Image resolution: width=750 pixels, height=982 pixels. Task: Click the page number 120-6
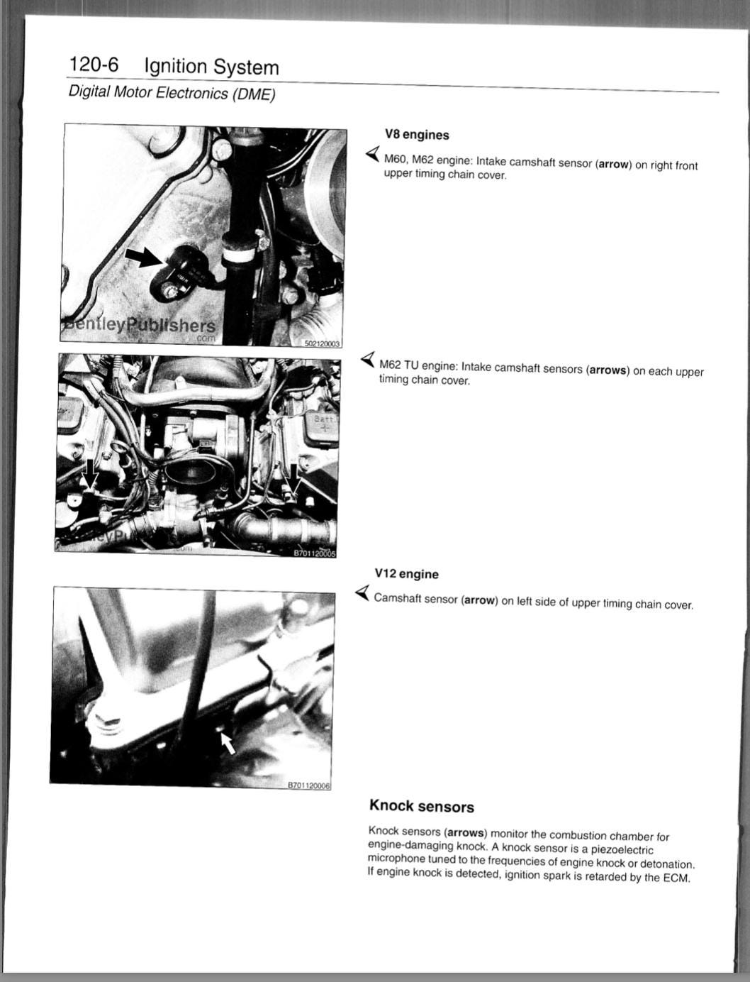94,64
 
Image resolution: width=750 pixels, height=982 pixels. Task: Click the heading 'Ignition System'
211,67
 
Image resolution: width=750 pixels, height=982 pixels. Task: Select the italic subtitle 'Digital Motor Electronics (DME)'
172,93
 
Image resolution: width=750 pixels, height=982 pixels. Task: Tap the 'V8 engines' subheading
417,135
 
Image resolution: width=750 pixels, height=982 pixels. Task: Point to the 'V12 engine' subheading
406,573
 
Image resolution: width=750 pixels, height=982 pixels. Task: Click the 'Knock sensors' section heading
422,806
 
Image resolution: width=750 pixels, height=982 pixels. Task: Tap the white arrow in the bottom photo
228,743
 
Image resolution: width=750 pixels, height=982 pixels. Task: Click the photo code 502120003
322,343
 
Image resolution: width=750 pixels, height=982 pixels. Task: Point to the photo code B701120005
314,553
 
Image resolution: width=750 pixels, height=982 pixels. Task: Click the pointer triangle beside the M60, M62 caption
373,153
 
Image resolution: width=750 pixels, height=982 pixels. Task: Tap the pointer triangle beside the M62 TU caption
368,359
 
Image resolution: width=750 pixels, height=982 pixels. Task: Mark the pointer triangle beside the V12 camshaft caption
362,592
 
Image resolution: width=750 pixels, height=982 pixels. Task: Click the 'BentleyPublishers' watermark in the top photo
138,325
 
